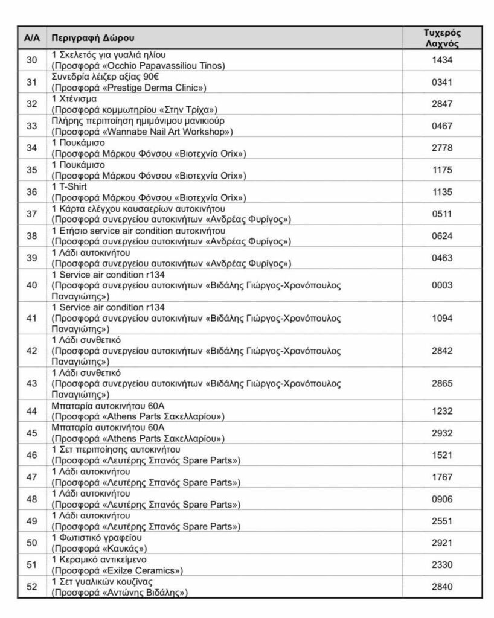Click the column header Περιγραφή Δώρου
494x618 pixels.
pos(93,38)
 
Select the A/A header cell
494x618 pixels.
pos(32,38)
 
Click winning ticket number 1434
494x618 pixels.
pos(442,59)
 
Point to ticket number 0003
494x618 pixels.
pos(442,285)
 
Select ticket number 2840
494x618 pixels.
pos(442,587)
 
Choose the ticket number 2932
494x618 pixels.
pos(442,432)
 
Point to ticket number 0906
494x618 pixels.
pos(442,499)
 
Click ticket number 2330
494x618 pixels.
pos(442,564)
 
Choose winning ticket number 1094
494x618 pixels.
pos(442,317)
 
